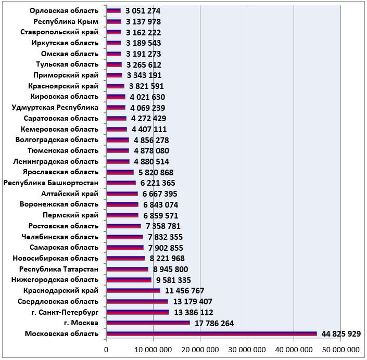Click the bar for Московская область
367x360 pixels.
211,334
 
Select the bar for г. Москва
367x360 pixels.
148,323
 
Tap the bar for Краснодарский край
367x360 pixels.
133,290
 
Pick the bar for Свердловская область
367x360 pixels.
137,301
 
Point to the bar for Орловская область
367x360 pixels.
113,11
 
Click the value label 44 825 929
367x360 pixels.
341,334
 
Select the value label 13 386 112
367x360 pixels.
194,312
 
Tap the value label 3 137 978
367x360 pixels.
143,22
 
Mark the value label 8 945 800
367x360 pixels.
170,269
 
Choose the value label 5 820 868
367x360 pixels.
156,172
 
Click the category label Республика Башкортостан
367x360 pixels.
51,183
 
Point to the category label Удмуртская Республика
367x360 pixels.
55,107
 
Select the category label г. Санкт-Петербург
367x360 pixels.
65,312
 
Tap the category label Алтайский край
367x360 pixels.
70,194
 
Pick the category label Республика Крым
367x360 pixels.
66,21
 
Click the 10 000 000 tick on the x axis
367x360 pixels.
153,350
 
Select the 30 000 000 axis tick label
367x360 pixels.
247,350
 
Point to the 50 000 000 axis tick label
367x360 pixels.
340,350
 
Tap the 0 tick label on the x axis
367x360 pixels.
107,350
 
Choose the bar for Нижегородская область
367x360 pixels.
129,280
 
